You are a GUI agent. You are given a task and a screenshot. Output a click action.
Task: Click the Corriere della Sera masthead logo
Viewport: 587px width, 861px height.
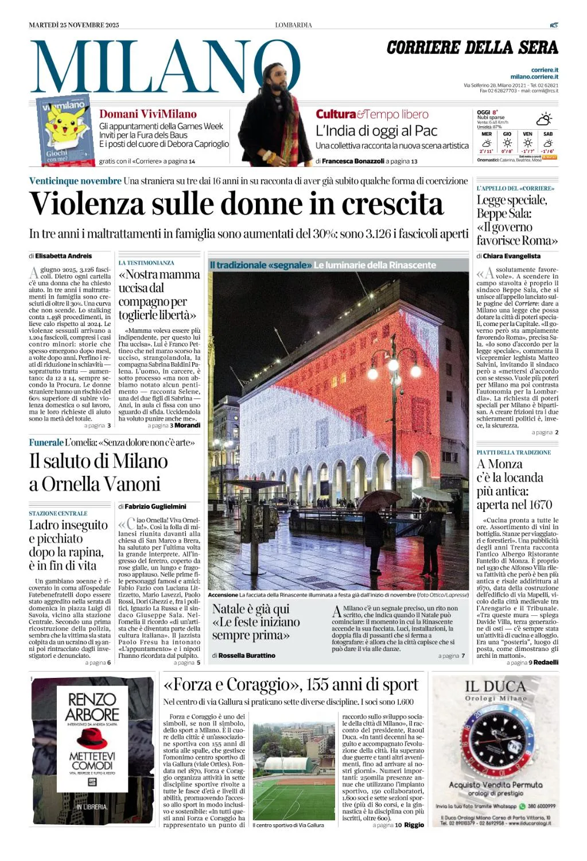tap(472, 48)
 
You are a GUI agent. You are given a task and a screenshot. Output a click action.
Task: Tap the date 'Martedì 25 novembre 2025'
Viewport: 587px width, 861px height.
tap(74, 25)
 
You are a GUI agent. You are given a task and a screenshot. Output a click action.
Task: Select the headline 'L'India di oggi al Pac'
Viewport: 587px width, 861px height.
tap(376, 130)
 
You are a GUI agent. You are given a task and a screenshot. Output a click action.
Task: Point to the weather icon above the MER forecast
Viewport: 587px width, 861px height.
tap(487, 142)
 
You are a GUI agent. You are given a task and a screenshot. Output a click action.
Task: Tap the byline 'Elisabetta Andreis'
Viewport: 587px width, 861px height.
tap(63, 256)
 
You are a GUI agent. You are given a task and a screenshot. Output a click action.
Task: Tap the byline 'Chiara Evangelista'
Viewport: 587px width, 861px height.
tap(511, 256)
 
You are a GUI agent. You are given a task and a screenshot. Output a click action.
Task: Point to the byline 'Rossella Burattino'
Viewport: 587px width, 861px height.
tap(247, 655)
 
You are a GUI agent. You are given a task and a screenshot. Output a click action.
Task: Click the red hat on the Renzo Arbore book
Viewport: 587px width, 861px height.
tap(92, 740)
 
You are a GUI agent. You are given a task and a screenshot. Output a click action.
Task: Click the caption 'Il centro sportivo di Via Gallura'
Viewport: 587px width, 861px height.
tap(288, 825)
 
